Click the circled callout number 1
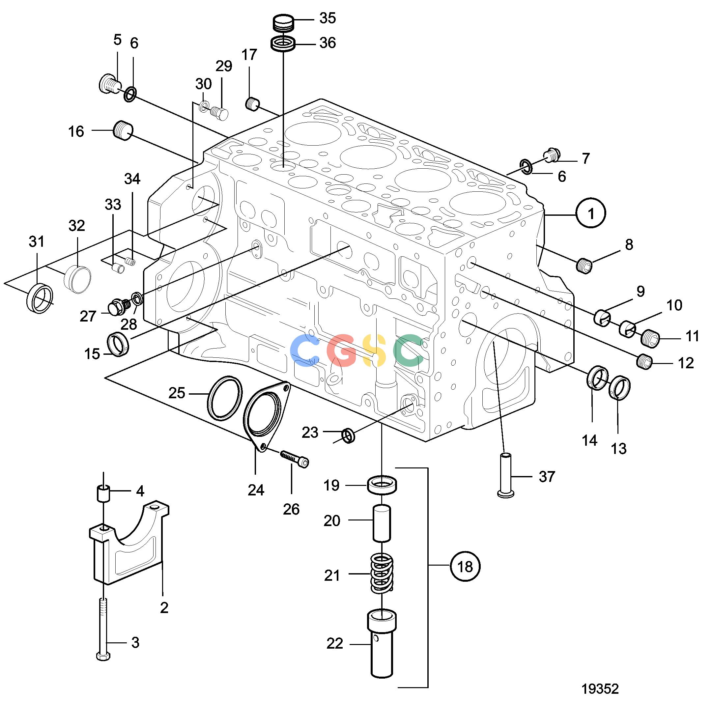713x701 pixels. pyautogui.click(x=591, y=213)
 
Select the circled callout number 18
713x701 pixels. pyautogui.click(x=465, y=567)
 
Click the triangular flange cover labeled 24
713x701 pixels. pyautogui.click(x=266, y=416)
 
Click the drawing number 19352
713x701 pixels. pyautogui.click(x=600, y=688)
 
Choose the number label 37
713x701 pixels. pyautogui.click(x=547, y=476)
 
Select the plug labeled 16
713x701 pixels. pyautogui.click(x=123, y=130)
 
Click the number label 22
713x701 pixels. pyautogui.click(x=334, y=643)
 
